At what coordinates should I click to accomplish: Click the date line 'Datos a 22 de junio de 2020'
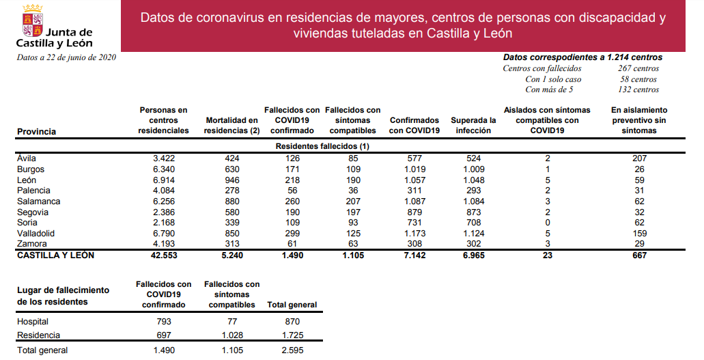(x=66, y=57)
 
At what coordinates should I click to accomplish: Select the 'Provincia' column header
(x=36, y=131)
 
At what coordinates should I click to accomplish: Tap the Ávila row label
(x=27, y=158)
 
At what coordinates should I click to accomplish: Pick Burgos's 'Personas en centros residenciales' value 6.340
(x=163, y=169)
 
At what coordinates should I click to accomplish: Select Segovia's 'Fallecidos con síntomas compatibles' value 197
(x=352, y=212)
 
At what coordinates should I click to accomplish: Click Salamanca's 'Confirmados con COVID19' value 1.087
(x=414, y=202)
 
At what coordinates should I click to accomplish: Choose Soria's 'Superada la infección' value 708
(x=472, y=223)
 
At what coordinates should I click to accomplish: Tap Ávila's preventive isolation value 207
(x=639, y=158)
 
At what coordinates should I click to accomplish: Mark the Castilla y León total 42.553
(x=163, y=255)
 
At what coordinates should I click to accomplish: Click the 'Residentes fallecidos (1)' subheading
(x=322, y=147)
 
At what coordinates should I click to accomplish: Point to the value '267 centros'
(x=638, y=68)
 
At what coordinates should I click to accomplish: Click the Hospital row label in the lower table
(x=33, y=321)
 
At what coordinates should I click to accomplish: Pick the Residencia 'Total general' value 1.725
(x=292, y=335)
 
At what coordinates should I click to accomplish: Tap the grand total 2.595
(x=292, y=350)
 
